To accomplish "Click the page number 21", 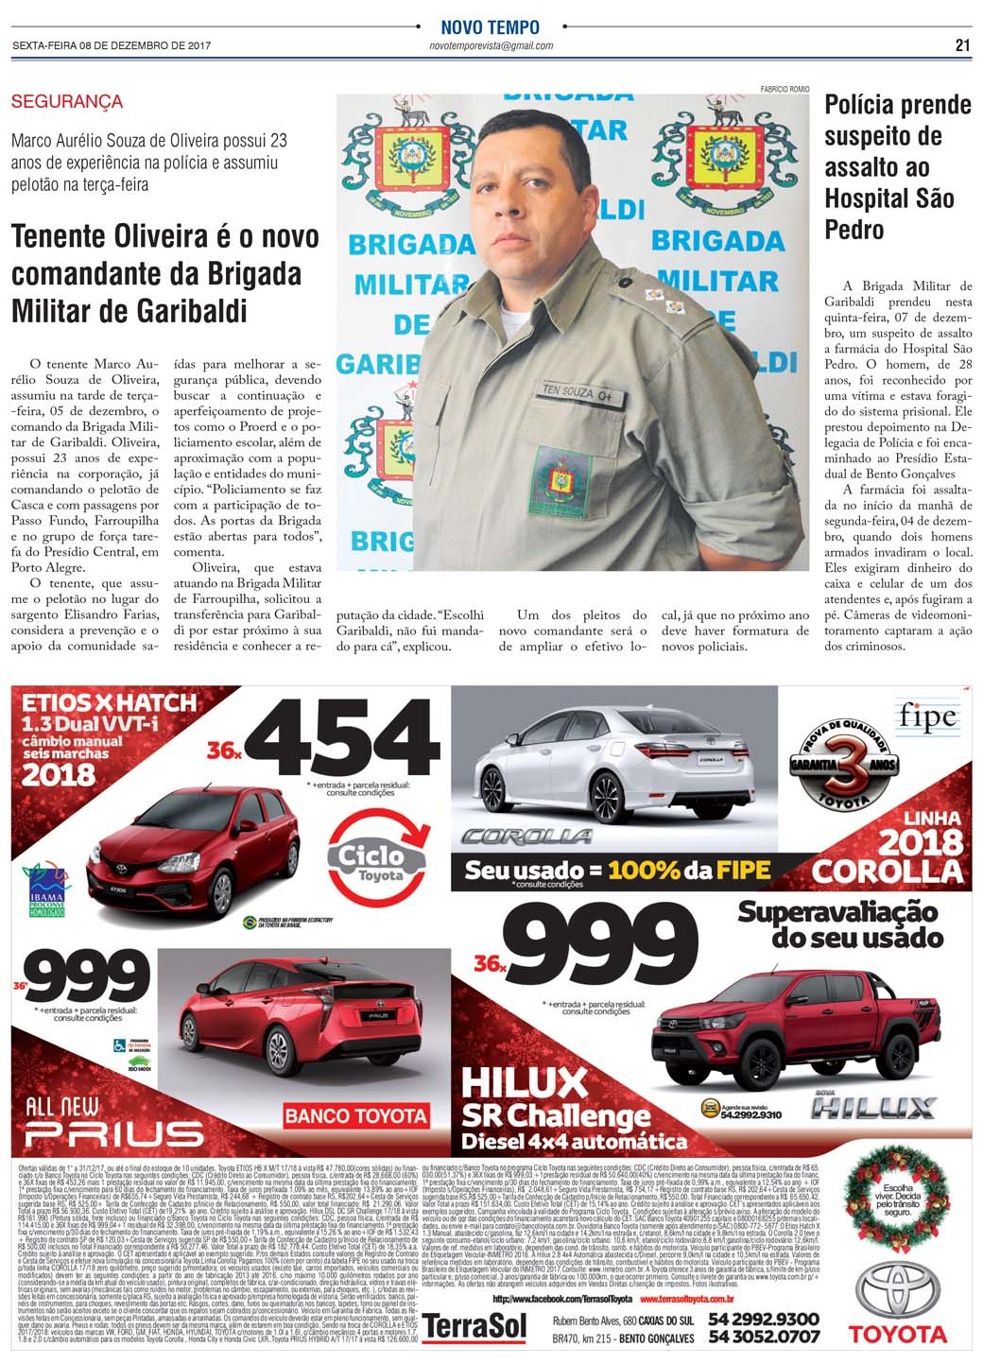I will coord(962,45).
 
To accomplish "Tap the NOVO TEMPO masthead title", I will coord(490,27).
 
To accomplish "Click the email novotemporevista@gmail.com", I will coord(491,46).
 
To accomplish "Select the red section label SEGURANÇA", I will coord(66,101).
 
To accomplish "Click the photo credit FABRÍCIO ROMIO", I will coord(784,89).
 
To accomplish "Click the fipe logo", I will coord(927,717).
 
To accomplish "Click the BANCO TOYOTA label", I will coord(355,1115).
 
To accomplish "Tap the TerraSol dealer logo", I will coord(474,1325).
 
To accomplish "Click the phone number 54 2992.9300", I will coord(763,1319).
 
